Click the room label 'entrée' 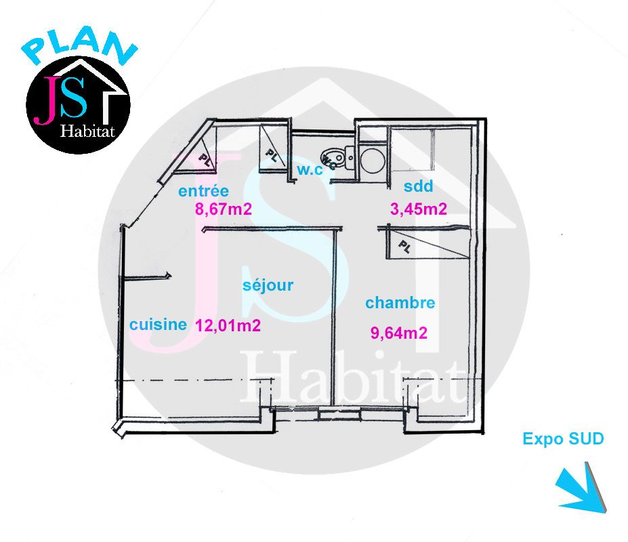coord(203,190)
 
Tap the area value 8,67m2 coord(224,209)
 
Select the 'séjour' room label coord(268,285)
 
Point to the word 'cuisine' coord(159,324)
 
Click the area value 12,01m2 coord(228,325)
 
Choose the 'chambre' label coord(400,302)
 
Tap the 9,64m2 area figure coord(399,333)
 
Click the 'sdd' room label coord(419,186)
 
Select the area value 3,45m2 coord(419,209)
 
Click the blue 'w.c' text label coord(310,169)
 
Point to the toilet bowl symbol coord(333,157)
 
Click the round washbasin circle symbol coord(373,161)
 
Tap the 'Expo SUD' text coord(563,438)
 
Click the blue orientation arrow coord(583,488)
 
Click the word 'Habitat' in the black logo coord(87,131)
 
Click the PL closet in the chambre coord(427,244)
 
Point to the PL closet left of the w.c coord(273,149)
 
